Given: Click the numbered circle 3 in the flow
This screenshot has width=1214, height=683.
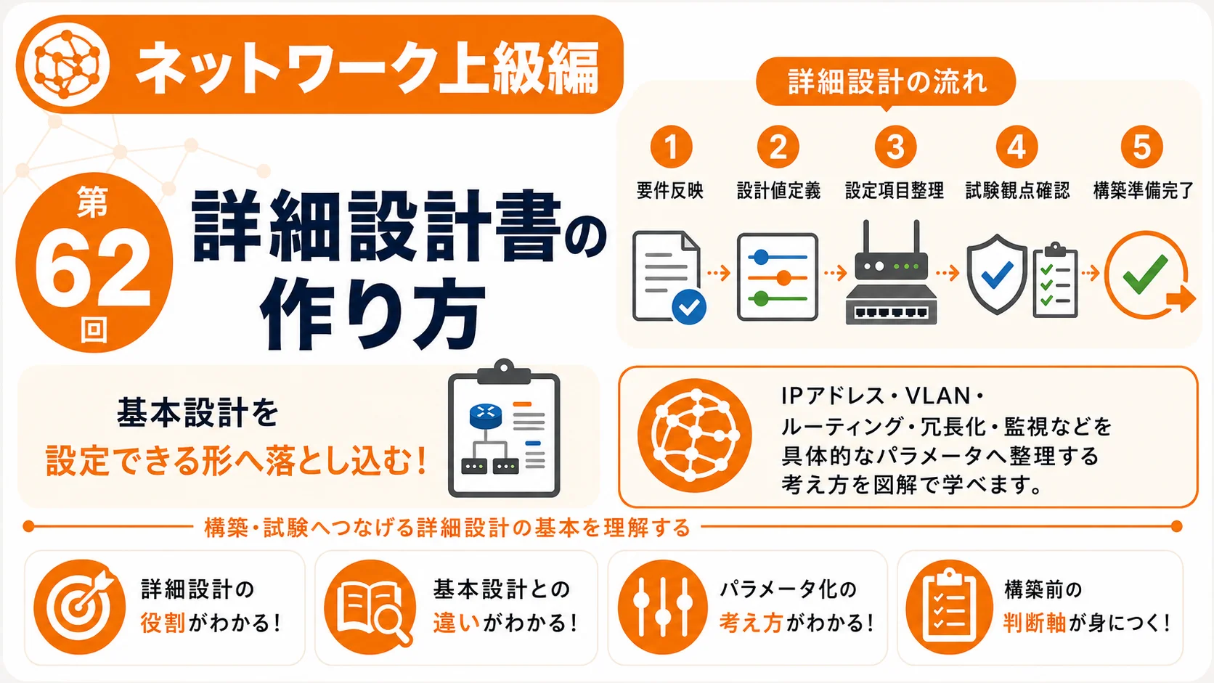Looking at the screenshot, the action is pos(895,147).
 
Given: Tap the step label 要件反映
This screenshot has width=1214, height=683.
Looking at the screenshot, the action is pos(670,191).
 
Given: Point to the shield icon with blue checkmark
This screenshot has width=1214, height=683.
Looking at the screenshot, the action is pos(997,274).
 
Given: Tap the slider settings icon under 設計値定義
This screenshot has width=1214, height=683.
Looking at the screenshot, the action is pos(777,277).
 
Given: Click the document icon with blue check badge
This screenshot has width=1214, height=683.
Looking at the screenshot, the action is pos(669,277).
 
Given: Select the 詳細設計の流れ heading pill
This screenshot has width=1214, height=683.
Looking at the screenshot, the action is pos(886,82).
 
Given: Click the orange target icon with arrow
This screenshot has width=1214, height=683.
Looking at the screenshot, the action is pos(80,607).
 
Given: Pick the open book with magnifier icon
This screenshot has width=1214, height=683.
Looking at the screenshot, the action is pos(371,607).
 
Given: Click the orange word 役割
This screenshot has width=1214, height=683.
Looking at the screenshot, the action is pos(163,623).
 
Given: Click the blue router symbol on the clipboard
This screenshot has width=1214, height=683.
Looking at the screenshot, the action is pos(486,416).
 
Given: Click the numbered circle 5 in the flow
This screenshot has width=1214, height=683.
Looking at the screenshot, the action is pos(1142,147).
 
